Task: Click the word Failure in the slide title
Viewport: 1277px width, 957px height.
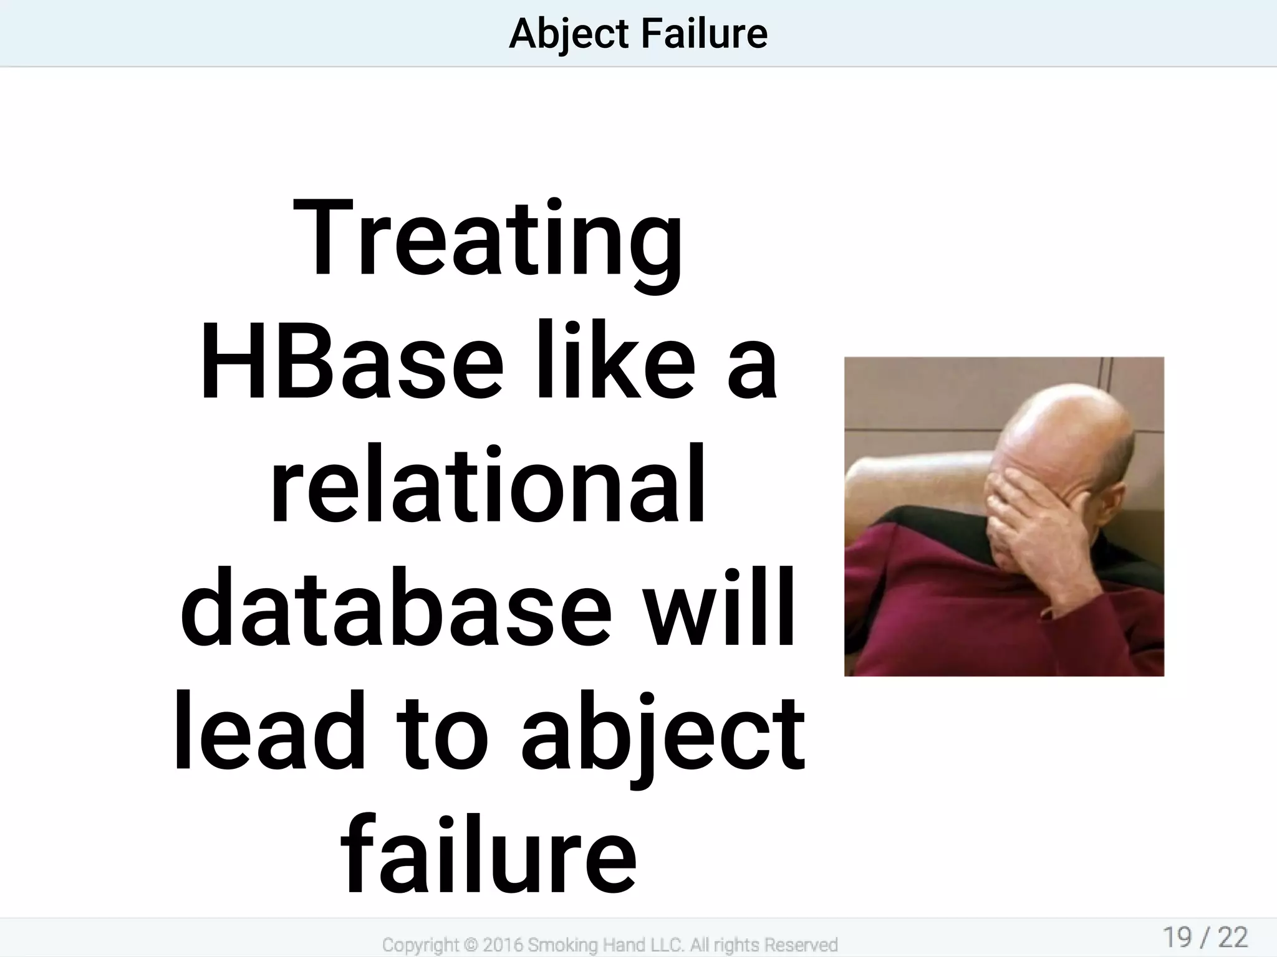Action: coord(704,34)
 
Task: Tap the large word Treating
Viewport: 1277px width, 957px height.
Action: coord(488,240)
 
